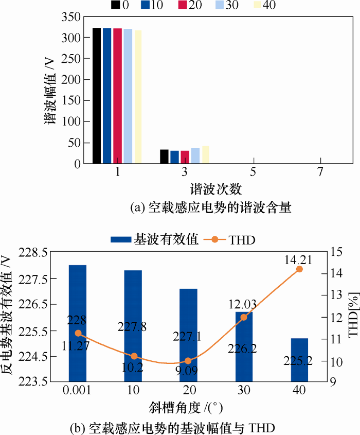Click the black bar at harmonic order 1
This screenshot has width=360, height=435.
point(96,96)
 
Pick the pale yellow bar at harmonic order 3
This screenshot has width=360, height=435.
point(205,154)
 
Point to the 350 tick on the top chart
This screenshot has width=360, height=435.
point(71,17)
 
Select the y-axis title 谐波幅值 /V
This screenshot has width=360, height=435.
point(50,91)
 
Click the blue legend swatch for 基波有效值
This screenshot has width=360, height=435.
point(120,239)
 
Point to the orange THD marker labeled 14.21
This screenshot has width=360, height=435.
point(300,269)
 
